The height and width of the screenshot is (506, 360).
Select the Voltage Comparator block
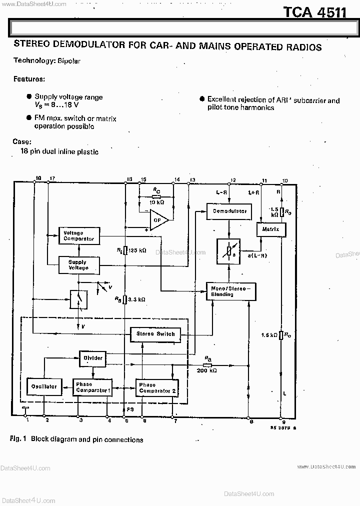[x=78, y=236]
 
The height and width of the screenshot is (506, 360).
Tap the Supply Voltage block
[x=78, y=265]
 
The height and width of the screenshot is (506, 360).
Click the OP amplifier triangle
[x=159, y=219]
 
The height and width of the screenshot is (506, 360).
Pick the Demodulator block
[x=229, y=211]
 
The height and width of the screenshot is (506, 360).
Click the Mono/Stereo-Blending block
[x=231, y=291]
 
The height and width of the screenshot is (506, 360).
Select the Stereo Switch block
[x=155, y=334]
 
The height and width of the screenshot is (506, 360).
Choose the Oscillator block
[x=43, y=386]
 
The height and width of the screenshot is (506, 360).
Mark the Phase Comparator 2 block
[x=156, y=387]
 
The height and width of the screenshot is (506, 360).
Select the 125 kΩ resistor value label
[x=137, y=250]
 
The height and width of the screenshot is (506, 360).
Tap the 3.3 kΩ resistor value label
[x=137, y=299]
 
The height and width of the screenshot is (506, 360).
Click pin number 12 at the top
[x=233, y=180]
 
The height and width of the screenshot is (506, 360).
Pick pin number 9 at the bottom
[x=283, y=422]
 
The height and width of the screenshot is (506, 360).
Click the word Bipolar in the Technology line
[x=68, y=61]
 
